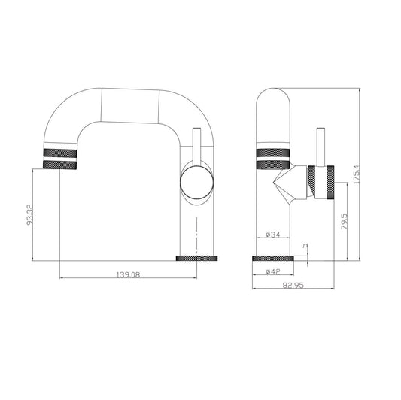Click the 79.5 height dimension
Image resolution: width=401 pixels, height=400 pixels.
point(344,223)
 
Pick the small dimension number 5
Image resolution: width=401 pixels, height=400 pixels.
point(304,245)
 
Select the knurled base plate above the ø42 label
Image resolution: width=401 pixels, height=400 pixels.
point(272,258)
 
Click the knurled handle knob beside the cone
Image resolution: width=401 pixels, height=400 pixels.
point(319,181)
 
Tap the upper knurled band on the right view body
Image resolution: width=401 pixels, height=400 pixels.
point(272,152)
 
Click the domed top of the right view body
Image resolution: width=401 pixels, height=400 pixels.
point(272,102)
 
